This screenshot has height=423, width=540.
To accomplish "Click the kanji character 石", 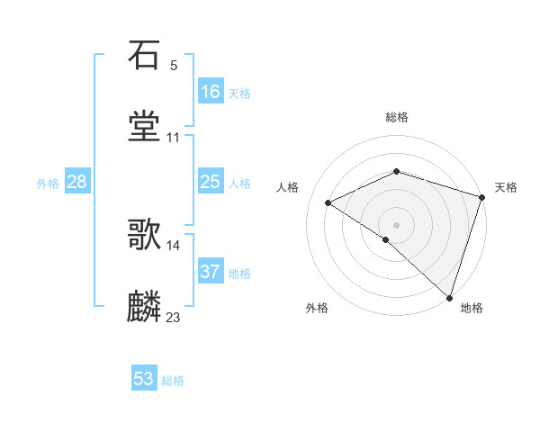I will pyautogui.click(x=145, y=56).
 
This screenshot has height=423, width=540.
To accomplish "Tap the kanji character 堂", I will pyautogui.click(x=145, y=125).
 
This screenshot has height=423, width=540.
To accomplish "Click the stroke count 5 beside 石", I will pyautogui.click(x=174, y=66).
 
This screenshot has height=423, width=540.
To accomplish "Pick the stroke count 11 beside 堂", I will pyautogui.click(x=174, y=137).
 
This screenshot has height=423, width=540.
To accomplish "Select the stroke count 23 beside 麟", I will pyautogui.click(x=174, y=317).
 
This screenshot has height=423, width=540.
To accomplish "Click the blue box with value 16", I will pyautogui.click(x=211, y=91).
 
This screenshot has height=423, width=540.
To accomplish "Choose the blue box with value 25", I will pyautogui.click(x=211, y=182).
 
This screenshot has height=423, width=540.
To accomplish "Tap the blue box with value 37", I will pyautogui.click(x=211, y=272).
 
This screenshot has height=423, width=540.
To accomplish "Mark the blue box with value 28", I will pyautogui.click(x=77, y=182).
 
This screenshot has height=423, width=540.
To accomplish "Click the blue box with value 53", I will pyautogui.click(x=144, y=379).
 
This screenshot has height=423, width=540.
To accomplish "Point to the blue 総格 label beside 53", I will pyautogui.click(x=173, y=381).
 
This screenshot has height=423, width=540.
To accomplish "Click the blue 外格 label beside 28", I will pyautogui.click(x=48, y=184).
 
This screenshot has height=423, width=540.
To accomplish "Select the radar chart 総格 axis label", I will pyautogui.click(x=397, y=117).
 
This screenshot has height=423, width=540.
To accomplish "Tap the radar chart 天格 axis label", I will pyautogui.click(x=507, y=187).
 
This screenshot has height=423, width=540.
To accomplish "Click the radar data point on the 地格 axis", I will pyautogui.click(x=450, y=297).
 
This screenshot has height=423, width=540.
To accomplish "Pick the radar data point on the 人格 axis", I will pyautogui.click(x=328, y=202).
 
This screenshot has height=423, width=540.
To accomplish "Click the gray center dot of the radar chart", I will pyautogui.click(x=397, y=224).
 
